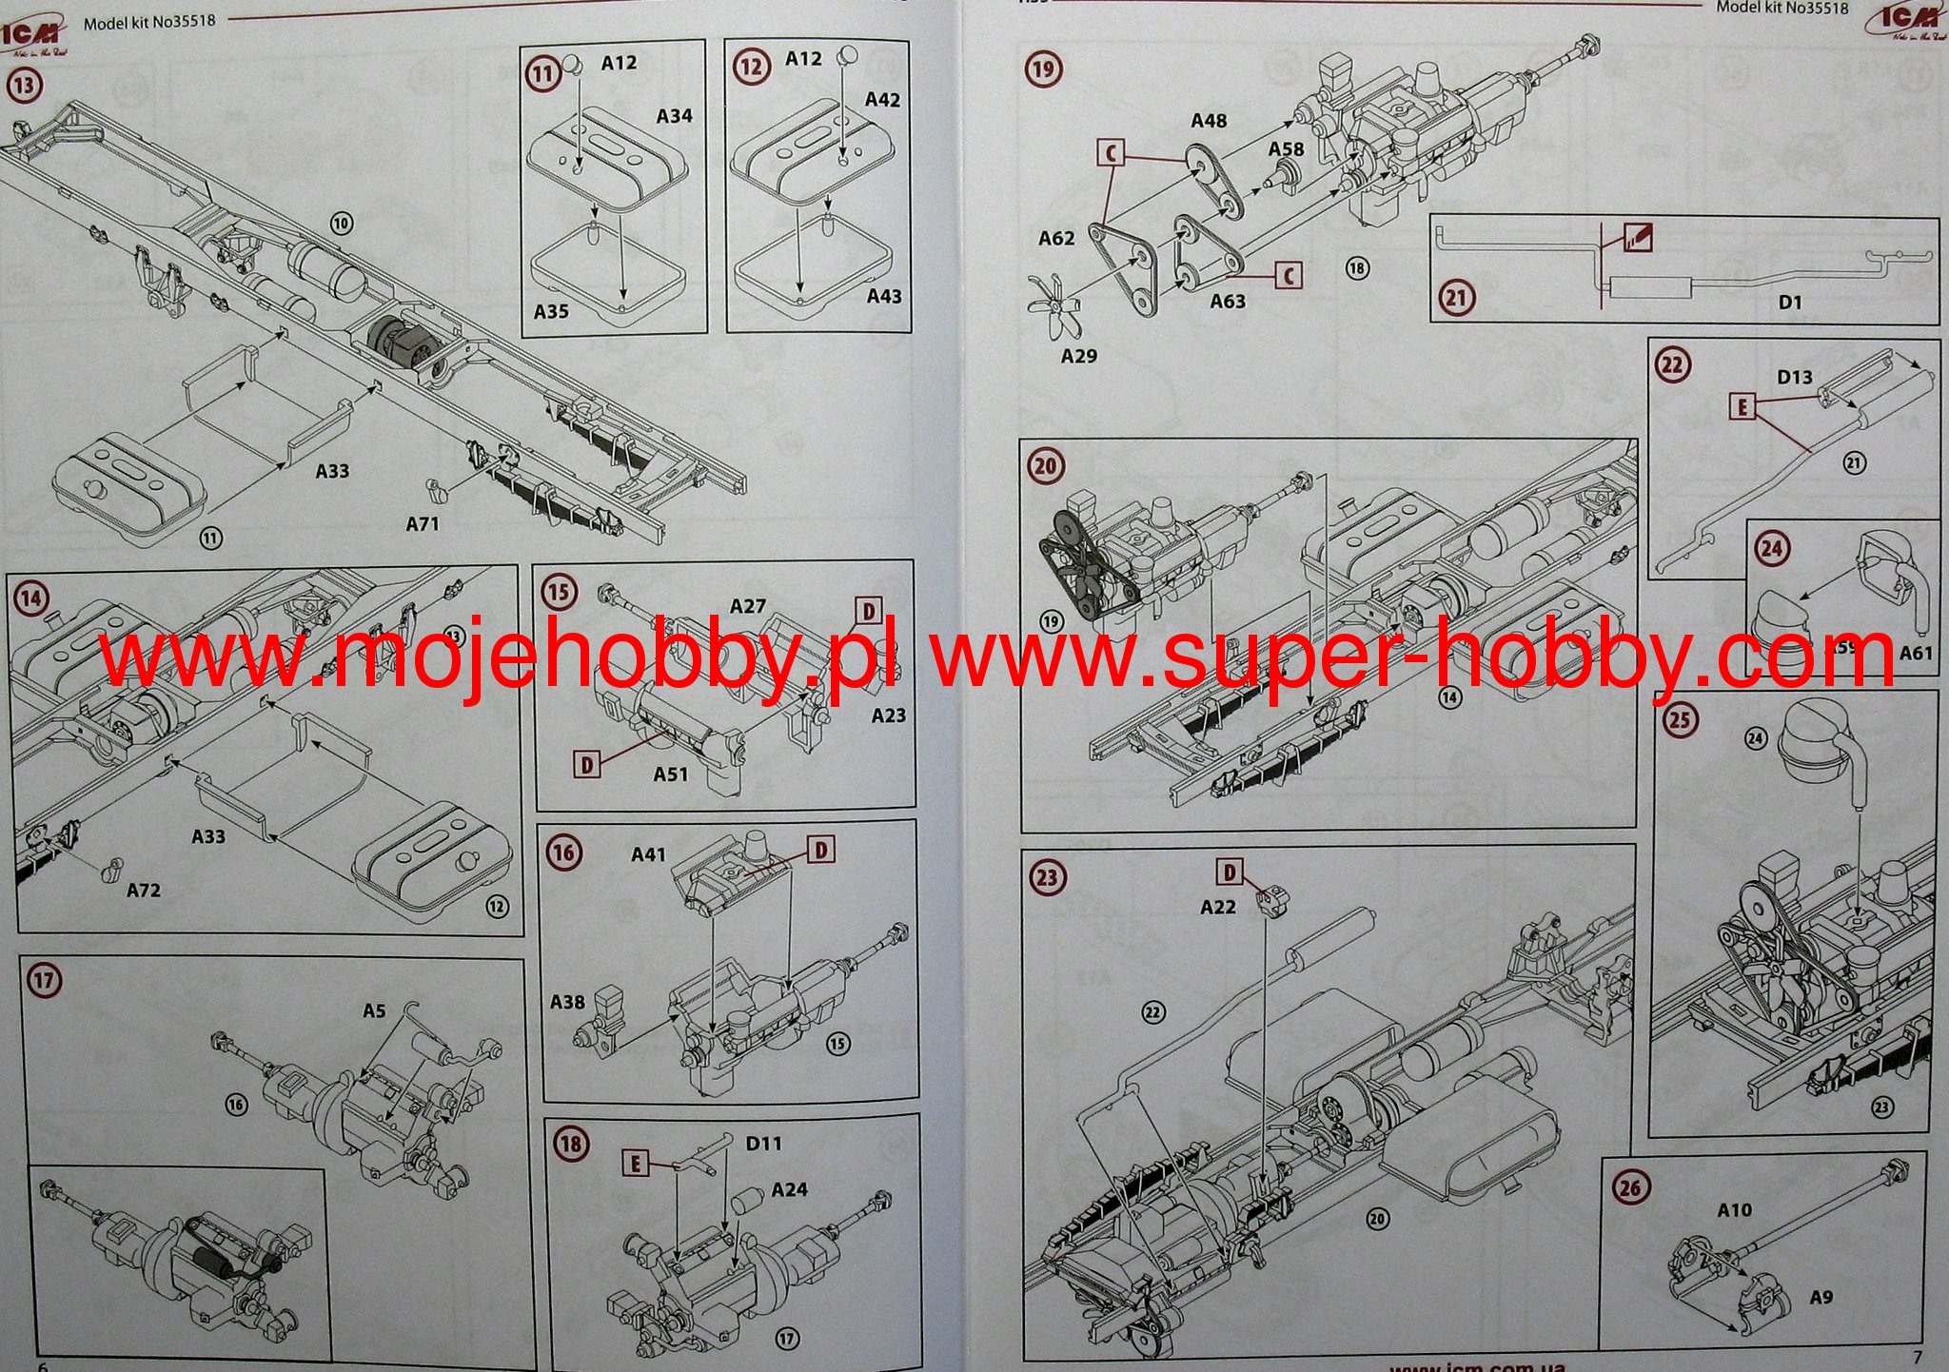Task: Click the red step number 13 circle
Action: (25, 86)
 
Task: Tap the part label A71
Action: (423, 524)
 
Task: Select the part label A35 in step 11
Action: (551, 311)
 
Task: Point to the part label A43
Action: (884, 297)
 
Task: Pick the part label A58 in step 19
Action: (1286, 150)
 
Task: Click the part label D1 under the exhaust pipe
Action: (1790, 303)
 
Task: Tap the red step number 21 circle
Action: (1456, 298)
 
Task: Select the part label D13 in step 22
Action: (1794, 378)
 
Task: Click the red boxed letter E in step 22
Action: (1742, 407)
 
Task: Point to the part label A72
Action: (144, 891)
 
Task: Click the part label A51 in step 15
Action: (671, 774)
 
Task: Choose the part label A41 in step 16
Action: (648, 855)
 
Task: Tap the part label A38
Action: (567, 1002)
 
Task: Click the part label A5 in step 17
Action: (374, 1010)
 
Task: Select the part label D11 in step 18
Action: (763, 1144)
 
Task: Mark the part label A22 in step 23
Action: (1218, 908)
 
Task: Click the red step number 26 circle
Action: (1629, 1186)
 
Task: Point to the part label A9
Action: (1821, 1298)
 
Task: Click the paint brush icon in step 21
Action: (1639, 238)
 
